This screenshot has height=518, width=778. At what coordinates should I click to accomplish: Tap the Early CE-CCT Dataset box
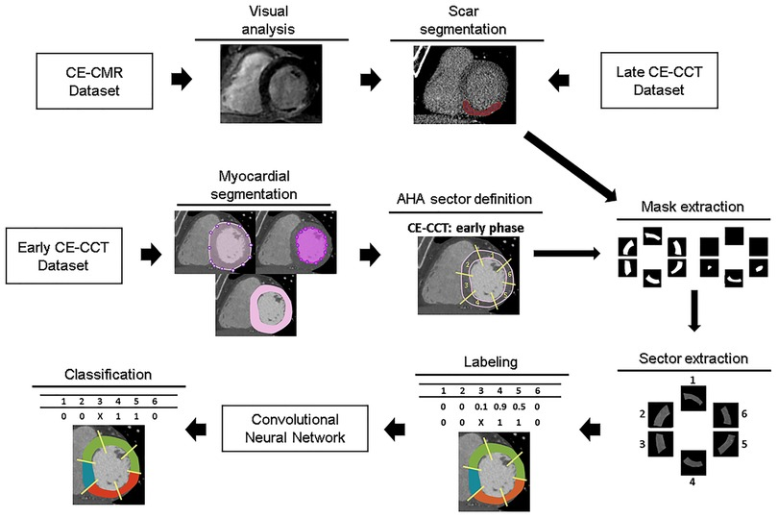pyautogui.click(x=66, y=254)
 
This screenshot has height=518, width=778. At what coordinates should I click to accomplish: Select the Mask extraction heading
pyautogui.click(x=691, y=207)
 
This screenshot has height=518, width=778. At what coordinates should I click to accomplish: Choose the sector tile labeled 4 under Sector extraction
pyautogui.click(x=692, y=463)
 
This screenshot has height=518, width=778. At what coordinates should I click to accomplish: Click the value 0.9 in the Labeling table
pyautogui.click(x=500, y=406)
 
